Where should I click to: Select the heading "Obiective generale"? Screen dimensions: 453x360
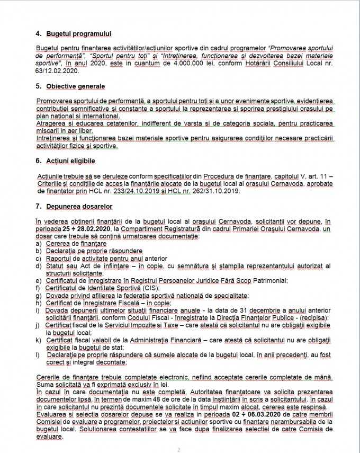pyautogui.click(x=75, y=86)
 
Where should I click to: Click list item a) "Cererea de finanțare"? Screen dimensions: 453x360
pyautogui.click(x=76, y=243)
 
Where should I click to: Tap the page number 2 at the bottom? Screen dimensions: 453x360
pyautogui.click(x=179, y=449)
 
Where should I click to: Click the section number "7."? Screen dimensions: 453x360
pyautogui.click(x=38, y=206)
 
